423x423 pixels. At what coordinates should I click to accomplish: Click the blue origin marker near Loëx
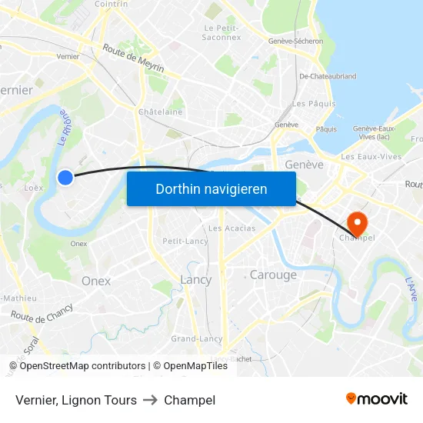(65, 178)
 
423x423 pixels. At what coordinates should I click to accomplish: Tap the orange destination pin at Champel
(358, 222)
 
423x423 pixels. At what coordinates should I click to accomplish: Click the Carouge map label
(273, 275)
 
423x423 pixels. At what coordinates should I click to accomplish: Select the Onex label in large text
(96, 281)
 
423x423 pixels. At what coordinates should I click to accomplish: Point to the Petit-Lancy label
(185, 241)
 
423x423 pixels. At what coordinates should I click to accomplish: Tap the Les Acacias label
(231, 228)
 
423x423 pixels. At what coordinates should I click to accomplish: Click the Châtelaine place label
(160, 112)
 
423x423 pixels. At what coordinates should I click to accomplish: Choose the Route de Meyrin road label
(134, 58)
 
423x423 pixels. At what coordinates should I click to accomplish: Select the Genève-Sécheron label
(295, 42)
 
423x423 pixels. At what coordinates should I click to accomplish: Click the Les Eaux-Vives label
(371, 157)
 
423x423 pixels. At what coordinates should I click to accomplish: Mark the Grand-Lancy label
(196, 338)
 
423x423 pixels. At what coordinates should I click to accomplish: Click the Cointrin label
(111, 4)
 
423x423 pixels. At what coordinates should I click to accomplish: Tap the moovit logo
(376, 399)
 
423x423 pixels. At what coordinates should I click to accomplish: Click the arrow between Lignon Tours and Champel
(150, 400)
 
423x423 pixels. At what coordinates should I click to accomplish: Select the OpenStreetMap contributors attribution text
(82, 366)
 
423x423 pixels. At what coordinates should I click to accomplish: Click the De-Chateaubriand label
(328, 76)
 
